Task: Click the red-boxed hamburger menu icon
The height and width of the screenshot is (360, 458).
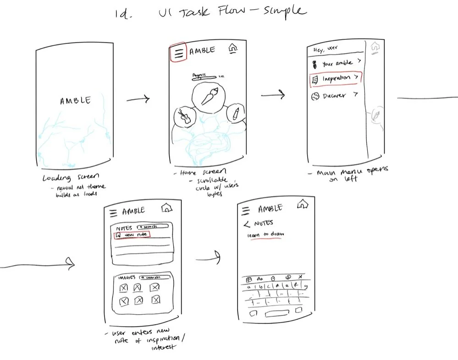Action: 179,53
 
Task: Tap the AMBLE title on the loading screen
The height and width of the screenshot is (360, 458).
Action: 75,101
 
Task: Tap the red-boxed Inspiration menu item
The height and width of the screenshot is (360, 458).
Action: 336,79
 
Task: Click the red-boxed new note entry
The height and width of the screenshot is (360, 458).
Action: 132,235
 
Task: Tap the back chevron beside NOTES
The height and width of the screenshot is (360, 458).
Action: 246,224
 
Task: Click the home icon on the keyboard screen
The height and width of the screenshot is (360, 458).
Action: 302,204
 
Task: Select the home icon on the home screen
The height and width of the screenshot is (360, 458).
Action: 233,49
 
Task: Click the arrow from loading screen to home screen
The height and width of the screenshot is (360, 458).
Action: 138,99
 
